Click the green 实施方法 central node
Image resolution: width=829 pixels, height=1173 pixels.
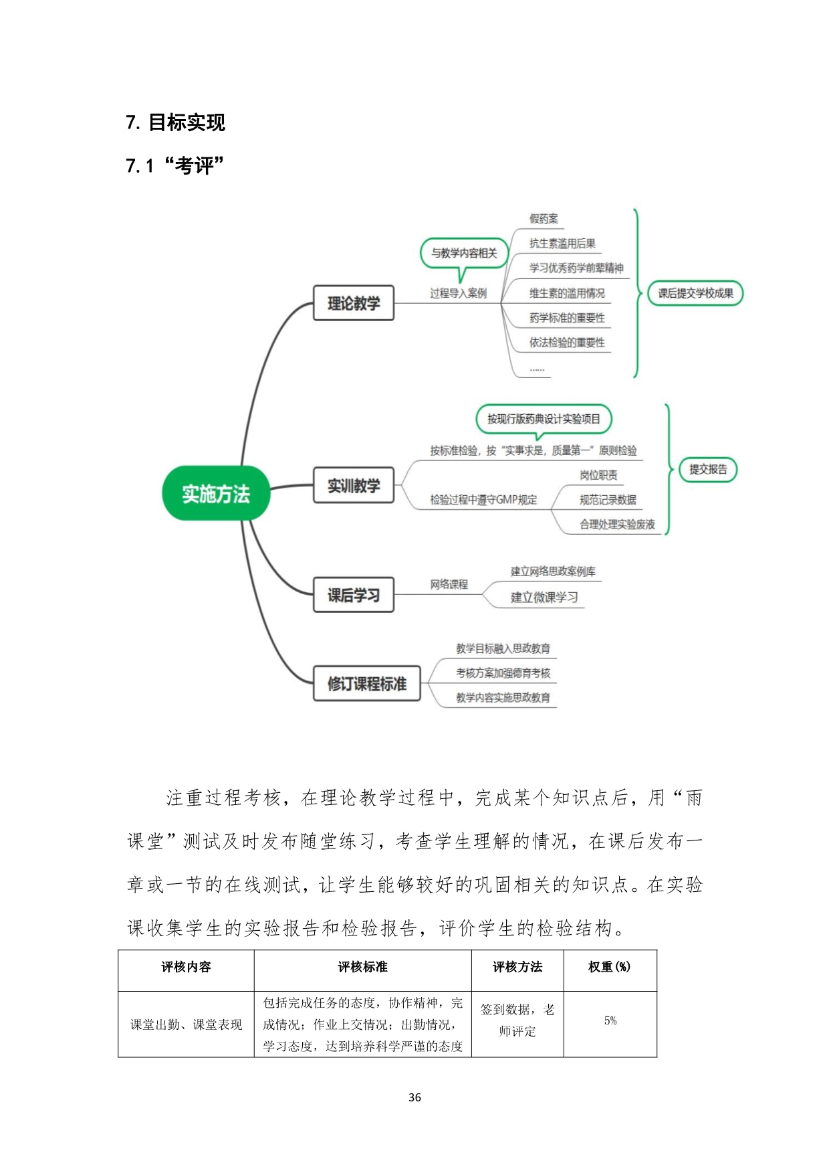(x=216, y=494)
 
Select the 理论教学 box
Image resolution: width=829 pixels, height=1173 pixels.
(x=354, y=303)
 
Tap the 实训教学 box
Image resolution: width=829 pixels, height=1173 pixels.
(x=354, y=485)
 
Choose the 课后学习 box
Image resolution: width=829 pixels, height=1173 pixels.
(x=354, y=595)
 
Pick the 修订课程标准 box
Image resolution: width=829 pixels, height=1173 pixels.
(x=367, y=683)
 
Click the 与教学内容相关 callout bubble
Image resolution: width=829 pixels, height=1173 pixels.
(x=464, y=254)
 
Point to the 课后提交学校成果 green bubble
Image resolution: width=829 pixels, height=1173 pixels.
(x=695, y=293)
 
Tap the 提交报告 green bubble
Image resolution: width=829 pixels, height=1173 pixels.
(x=708, y=469)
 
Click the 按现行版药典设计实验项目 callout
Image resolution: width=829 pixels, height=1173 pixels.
(x=544, y=420)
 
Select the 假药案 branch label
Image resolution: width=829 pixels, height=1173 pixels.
(x=544, y=219)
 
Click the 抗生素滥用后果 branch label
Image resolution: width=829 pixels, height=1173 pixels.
(x=562, y=244)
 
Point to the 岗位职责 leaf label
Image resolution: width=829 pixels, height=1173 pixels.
(x=598, y=475)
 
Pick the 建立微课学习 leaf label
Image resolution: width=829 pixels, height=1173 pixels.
(x=544, y=597)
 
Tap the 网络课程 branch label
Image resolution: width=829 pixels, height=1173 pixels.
(x=449, y=584)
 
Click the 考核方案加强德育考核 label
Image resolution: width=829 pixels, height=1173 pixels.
(x=503, y=673)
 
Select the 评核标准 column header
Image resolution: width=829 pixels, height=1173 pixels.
(x=362, y=967)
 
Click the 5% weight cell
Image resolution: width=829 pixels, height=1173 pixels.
(x=610, y=1020)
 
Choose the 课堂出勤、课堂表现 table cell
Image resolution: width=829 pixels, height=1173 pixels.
(x=186, y=1024)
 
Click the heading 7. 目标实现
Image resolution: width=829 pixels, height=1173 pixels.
(x=176, y=122)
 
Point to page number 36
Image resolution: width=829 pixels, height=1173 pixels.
(x=414, y=1097)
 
